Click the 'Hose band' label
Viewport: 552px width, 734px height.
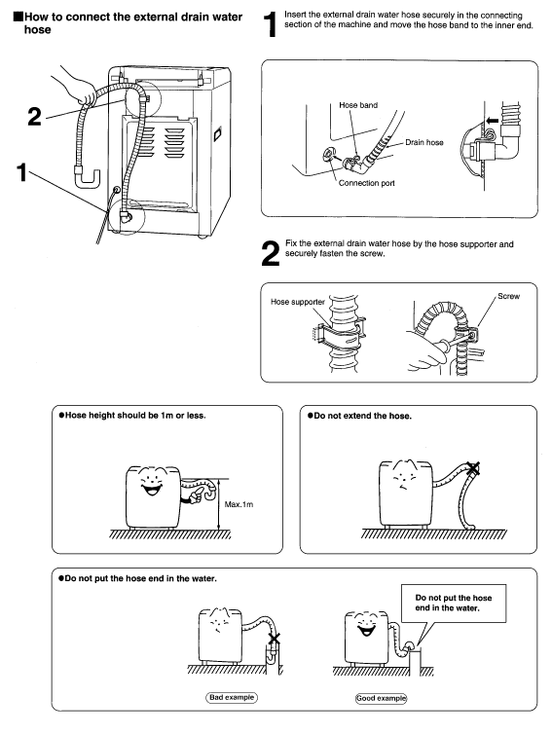coord(358,105)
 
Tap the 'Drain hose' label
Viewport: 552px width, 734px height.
coord(424,142)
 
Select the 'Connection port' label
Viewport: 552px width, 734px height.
coord(367,183)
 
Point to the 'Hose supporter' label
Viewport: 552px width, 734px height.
coord(298,302)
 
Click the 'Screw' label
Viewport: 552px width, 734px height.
coord(508,296)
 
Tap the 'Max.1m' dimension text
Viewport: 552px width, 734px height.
coord(239,504)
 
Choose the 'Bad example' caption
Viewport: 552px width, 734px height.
coord(232,697)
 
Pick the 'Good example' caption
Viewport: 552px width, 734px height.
coord(381,698)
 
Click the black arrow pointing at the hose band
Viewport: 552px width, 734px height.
coord(492,121)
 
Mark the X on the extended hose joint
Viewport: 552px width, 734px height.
coord(473,467)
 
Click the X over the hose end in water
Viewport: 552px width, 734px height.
coord(275,639)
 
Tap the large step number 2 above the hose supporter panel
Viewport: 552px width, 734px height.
coord(270,254)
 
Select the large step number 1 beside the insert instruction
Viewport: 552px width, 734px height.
coord(270,24)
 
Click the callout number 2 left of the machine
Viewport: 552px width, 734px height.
coord(34,117)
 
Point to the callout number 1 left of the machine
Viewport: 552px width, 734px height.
coord(22,172)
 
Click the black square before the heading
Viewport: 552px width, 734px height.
coord(18,17)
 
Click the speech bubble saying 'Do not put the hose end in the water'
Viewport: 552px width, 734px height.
coord(454,604)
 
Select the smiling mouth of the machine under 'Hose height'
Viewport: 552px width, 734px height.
coord(152,490)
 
